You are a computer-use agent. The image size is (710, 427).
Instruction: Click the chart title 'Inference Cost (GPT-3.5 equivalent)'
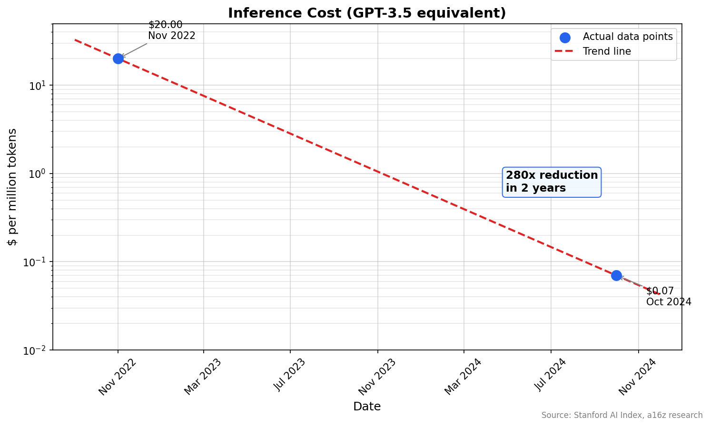tap(366, 13)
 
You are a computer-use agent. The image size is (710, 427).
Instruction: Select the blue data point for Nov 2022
tap(118, 58)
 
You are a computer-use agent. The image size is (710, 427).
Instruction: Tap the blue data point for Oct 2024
tap(616, 275)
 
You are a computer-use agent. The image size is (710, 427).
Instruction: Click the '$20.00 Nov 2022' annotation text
tap(171, 30)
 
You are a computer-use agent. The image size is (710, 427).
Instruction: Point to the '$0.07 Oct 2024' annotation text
tap(668, 297)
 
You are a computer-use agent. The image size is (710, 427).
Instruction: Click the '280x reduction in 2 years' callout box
tap(552, 182)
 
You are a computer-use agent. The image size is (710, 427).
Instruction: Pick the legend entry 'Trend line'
tap(607, 51)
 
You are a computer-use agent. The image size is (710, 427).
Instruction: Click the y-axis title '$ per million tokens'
tap(13, 187)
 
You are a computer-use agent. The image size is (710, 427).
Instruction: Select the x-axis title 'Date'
tap(366, 407)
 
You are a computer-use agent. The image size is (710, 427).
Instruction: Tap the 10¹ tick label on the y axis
tap(37, 86)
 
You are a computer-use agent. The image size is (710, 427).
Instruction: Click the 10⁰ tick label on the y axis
tap(37, 174)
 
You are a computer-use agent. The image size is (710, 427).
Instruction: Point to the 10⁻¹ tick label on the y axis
tap(35, 262)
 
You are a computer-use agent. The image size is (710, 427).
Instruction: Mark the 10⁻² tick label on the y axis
tap(35, 350)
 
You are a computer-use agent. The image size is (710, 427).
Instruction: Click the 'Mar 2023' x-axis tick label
tap(203, 376)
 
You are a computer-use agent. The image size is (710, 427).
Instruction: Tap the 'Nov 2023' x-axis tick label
tap(377, 376)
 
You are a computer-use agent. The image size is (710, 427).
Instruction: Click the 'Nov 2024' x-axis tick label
tap(637, 376)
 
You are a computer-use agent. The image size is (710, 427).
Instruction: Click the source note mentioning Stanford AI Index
tap(621, 415)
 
